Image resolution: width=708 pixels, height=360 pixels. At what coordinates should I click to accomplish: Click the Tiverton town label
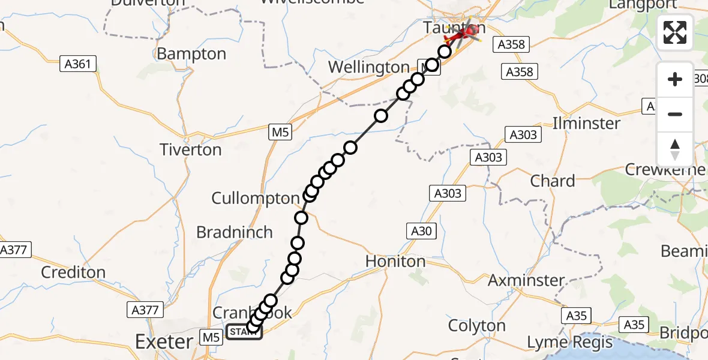190,149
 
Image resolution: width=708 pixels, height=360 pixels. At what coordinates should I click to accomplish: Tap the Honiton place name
395,261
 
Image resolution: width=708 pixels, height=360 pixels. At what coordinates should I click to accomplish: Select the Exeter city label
164,342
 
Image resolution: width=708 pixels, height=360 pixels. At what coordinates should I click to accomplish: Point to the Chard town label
553,181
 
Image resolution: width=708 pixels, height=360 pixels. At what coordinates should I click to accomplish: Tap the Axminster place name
526,280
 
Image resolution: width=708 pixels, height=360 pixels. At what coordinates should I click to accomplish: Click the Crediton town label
73,272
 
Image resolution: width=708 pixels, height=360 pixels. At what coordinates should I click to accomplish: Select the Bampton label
191,54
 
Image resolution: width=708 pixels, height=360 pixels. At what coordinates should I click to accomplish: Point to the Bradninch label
235,232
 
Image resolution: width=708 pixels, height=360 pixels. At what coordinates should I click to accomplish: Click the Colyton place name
477,326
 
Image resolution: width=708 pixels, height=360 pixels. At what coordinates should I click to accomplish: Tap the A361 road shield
79,63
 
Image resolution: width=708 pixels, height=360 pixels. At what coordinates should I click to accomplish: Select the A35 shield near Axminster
577,315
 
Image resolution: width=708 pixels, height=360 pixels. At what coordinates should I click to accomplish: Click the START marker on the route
244,332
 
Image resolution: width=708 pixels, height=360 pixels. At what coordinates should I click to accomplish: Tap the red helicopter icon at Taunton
463,32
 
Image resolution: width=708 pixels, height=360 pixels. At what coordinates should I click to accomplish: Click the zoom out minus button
675,114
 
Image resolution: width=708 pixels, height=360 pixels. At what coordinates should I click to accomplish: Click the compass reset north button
675,149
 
